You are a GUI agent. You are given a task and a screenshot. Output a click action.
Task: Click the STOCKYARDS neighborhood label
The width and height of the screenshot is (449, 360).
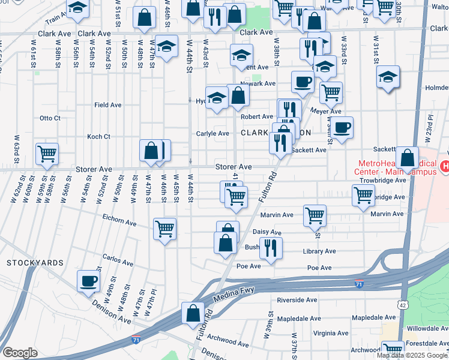click(x=35, y=263)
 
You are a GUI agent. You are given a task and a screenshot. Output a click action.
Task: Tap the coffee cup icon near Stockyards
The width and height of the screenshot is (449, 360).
click(x=89, y=281)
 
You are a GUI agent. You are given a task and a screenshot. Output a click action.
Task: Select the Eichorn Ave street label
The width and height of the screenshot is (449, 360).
click(x=119, y=221)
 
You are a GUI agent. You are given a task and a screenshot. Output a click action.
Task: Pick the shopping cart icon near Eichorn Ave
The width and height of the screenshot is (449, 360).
click(x=165, y=228)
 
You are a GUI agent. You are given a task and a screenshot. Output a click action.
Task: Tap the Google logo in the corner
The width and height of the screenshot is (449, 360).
click(x=20, y=353)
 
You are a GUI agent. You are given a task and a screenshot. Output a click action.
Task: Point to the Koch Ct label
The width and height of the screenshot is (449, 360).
click(x=98, y=136)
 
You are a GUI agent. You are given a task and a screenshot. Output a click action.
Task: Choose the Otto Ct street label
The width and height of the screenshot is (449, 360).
click(x=50, y=118)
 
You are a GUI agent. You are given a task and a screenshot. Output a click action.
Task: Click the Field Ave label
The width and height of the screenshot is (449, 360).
click(x=108, y=104)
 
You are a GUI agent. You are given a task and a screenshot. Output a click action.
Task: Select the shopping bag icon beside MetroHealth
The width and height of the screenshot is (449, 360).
click(x=407, y=158)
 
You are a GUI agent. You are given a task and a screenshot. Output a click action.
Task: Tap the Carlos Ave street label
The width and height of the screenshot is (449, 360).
click(x=118, y=261)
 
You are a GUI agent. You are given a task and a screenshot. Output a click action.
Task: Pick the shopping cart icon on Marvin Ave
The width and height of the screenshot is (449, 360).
click(x=315, y=215)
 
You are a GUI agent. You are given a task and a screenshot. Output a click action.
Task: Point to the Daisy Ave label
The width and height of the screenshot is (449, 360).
click(x=268, y=232)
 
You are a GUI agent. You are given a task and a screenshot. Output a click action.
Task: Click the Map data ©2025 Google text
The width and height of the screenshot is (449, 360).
click(x=412, y=355)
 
